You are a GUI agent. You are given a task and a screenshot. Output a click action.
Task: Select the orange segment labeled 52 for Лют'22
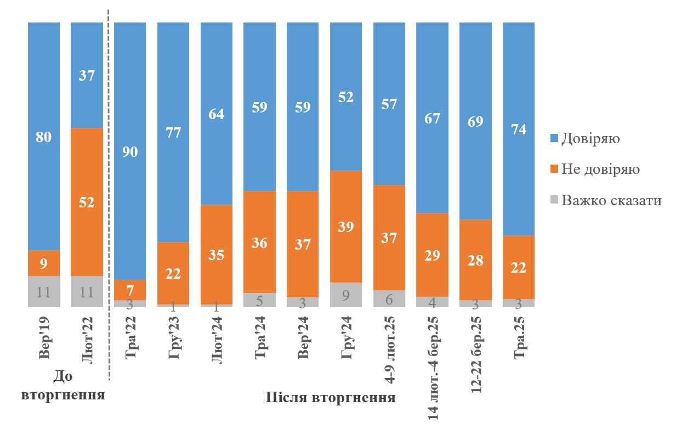pos(87,202)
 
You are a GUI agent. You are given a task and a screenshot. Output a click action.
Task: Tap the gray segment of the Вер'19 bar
pos(44,291)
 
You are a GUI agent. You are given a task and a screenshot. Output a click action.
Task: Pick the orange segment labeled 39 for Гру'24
pos(346,226)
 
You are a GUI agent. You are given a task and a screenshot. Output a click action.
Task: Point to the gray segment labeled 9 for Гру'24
pos(346,295)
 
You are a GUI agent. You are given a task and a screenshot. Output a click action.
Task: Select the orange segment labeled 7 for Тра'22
pos(130,290)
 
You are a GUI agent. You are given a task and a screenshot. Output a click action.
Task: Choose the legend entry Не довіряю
pos(594,169)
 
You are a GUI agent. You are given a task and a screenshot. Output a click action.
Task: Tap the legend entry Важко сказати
pos(605,200)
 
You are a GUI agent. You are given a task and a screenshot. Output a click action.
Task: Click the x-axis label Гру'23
pos(174,337)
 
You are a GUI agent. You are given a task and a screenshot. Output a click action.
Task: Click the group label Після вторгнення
pos(331,398)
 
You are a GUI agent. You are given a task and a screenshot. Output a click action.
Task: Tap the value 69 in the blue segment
pos(475,122)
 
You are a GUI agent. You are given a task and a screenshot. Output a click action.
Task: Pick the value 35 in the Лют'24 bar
pos(217,255)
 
